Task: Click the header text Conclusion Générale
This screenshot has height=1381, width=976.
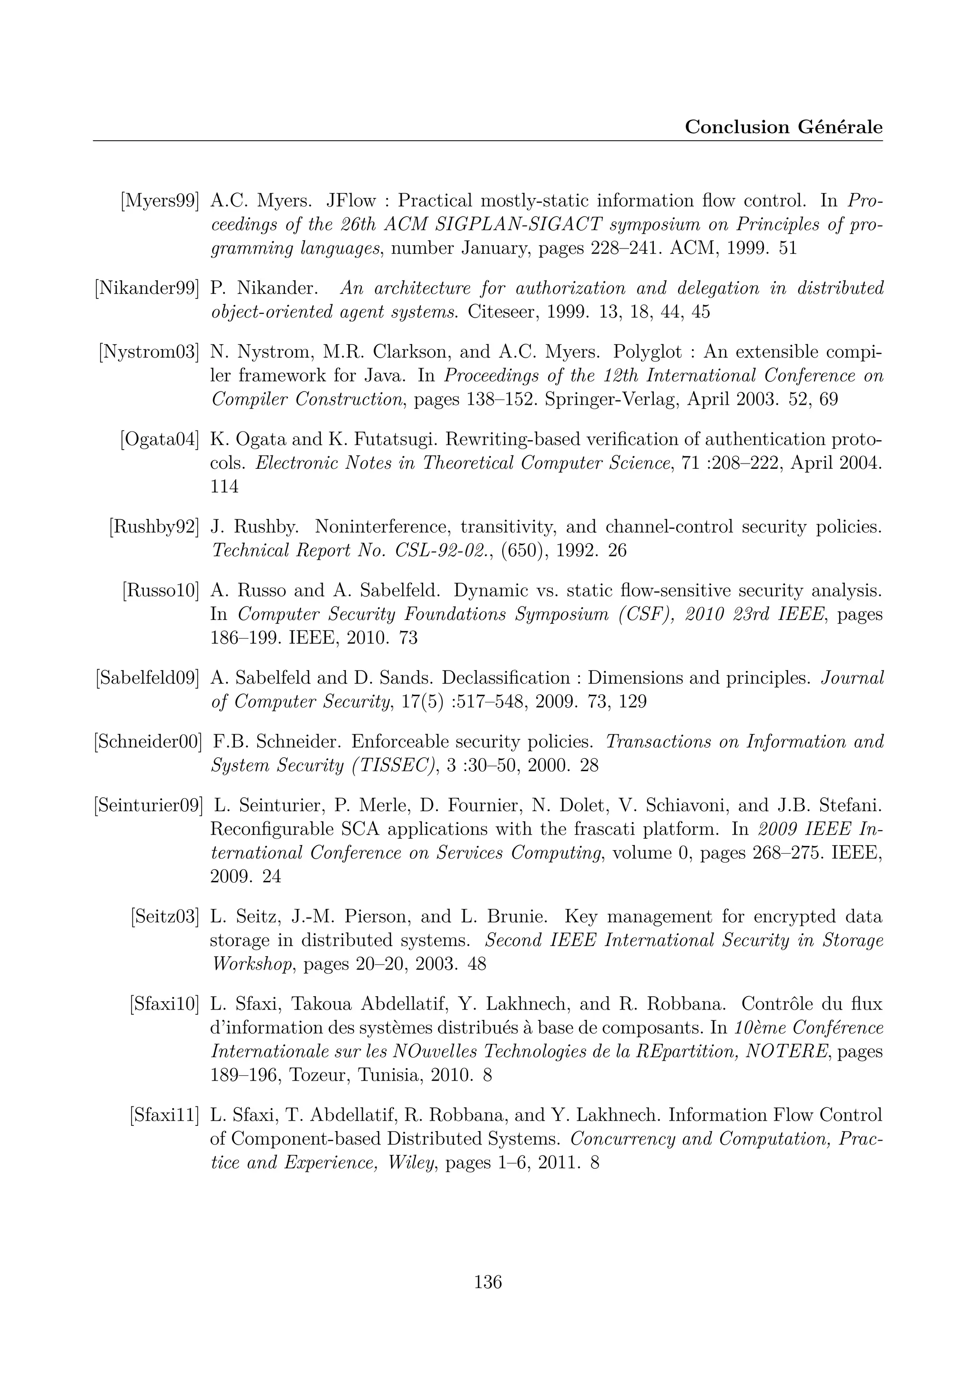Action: pos(783,127)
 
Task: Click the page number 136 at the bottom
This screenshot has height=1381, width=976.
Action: pos(488,1282)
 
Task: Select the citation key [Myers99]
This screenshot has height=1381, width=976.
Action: pos(159,201)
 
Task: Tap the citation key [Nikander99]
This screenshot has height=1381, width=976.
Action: pos(147,289)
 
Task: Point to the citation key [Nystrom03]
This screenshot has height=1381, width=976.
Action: pos(149,352)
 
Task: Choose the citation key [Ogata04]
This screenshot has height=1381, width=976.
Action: pos(159,440)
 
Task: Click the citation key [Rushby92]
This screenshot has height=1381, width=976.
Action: pos(154,527)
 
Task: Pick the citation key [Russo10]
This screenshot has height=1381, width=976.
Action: pos(161,591)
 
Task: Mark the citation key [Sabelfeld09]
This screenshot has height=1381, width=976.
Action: pos(147,679)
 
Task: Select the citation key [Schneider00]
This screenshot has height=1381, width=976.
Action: pos(148,742)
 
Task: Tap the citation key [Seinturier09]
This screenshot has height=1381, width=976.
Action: pos(148,805)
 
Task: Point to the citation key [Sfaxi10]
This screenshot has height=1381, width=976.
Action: pos(164,1004)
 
